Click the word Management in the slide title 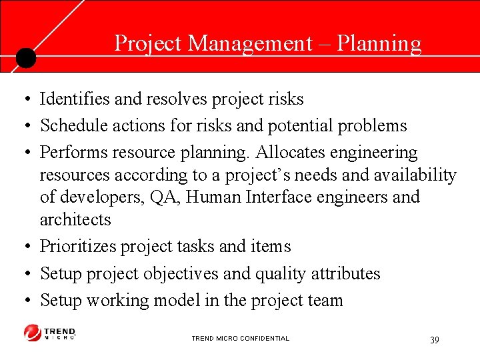pos(250,43)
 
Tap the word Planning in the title pos(379,43)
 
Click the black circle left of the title pos(25,58)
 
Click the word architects pos(75,219)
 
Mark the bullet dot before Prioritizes pos(23,247)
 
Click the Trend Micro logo pos(50,333)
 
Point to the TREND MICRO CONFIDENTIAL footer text pos(240,339)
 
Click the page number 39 pos(435,340)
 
